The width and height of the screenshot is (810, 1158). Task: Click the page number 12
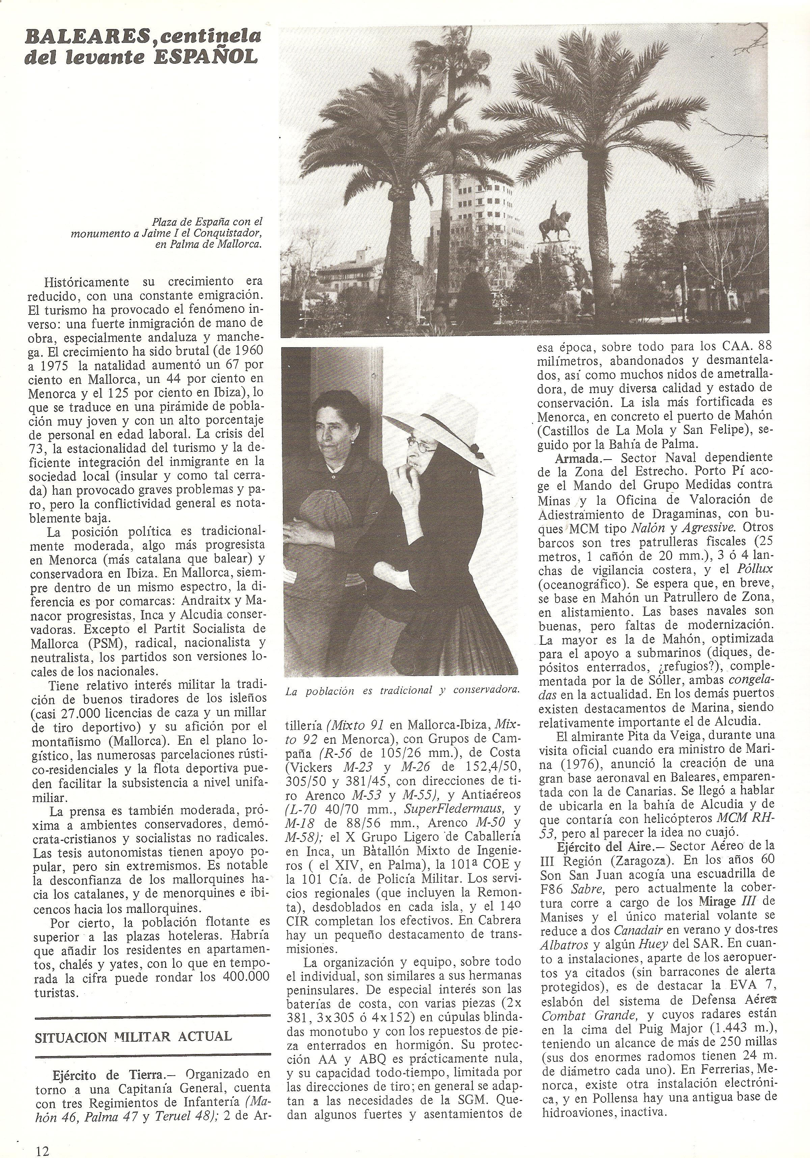pyautogui.click(x=43, y=1147)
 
